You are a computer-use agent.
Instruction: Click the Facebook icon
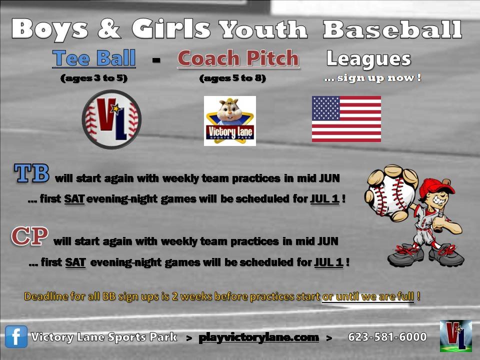tap(16, 336)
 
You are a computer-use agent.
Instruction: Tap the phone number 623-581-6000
tap(387, 337)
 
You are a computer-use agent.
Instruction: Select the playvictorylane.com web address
tap(258, 337)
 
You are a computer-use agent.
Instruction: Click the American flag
tap(346, 119)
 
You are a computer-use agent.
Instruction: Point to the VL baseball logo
tap(111, 119)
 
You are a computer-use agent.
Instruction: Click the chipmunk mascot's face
tap(230, 108)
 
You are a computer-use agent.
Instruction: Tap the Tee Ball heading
tap(94, 58)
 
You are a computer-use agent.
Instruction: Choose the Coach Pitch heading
tap(238, 58)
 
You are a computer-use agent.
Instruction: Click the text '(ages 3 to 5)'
tap(94, 78)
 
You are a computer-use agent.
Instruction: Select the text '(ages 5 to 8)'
tap(232, 78)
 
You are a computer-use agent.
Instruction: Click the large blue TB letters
tap(31, 173)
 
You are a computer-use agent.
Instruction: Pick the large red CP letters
tap(29, 236)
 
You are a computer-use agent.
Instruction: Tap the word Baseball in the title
tap(392, 29)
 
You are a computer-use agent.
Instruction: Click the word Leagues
tap(369, 59)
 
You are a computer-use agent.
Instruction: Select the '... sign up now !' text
tap(372, 78)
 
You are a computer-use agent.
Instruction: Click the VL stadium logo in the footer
tap(456, 336)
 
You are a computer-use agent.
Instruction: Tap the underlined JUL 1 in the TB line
tap(325, 199)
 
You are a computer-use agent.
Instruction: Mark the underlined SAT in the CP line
tap(75, 262)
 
